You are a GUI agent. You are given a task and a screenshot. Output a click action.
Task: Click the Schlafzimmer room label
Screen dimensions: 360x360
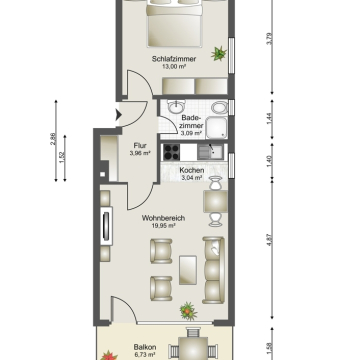click(x=174, y=59)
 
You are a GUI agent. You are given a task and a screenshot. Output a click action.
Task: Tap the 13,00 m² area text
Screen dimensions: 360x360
click(x=174, y=66)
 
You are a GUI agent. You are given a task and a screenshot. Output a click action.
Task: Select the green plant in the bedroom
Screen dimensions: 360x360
click(x=219, y=53)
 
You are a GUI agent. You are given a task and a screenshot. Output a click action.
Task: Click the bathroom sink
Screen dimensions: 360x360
click(x=176, y=107)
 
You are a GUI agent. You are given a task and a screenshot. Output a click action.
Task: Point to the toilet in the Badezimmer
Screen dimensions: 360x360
click(x=219, y=107)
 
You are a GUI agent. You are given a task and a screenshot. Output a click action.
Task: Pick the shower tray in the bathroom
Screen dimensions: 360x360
click(x=217, y=128)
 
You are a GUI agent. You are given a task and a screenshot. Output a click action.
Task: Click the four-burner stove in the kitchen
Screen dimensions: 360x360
click(x=171, y=152)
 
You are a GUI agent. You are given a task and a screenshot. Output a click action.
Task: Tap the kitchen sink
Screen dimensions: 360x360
click(x=211, y=152)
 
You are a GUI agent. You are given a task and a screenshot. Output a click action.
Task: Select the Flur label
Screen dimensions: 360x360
click(x=140, y=146)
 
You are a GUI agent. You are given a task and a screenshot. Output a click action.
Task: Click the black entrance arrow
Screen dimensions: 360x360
click(x=118, y=115)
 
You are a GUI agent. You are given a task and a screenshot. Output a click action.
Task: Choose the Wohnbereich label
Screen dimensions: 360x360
click(x=163, y=219)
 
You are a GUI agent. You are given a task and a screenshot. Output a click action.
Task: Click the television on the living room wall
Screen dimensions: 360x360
click(x=106, y=226)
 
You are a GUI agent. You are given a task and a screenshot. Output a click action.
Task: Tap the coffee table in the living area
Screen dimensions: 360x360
click(x=188, y=270)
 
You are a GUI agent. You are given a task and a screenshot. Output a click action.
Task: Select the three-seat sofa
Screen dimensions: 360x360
click(x=213, y=270)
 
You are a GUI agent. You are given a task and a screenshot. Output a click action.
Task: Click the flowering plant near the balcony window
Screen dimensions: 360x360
click(x=188, y=311)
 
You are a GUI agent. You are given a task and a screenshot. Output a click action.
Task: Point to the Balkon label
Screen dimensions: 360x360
click(x=145, y=347)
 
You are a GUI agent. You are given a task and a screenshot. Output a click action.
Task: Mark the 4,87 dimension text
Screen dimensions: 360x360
click(x=271, y=241)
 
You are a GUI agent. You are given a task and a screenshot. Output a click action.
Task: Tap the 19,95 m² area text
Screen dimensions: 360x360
click(x=163, y=226)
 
